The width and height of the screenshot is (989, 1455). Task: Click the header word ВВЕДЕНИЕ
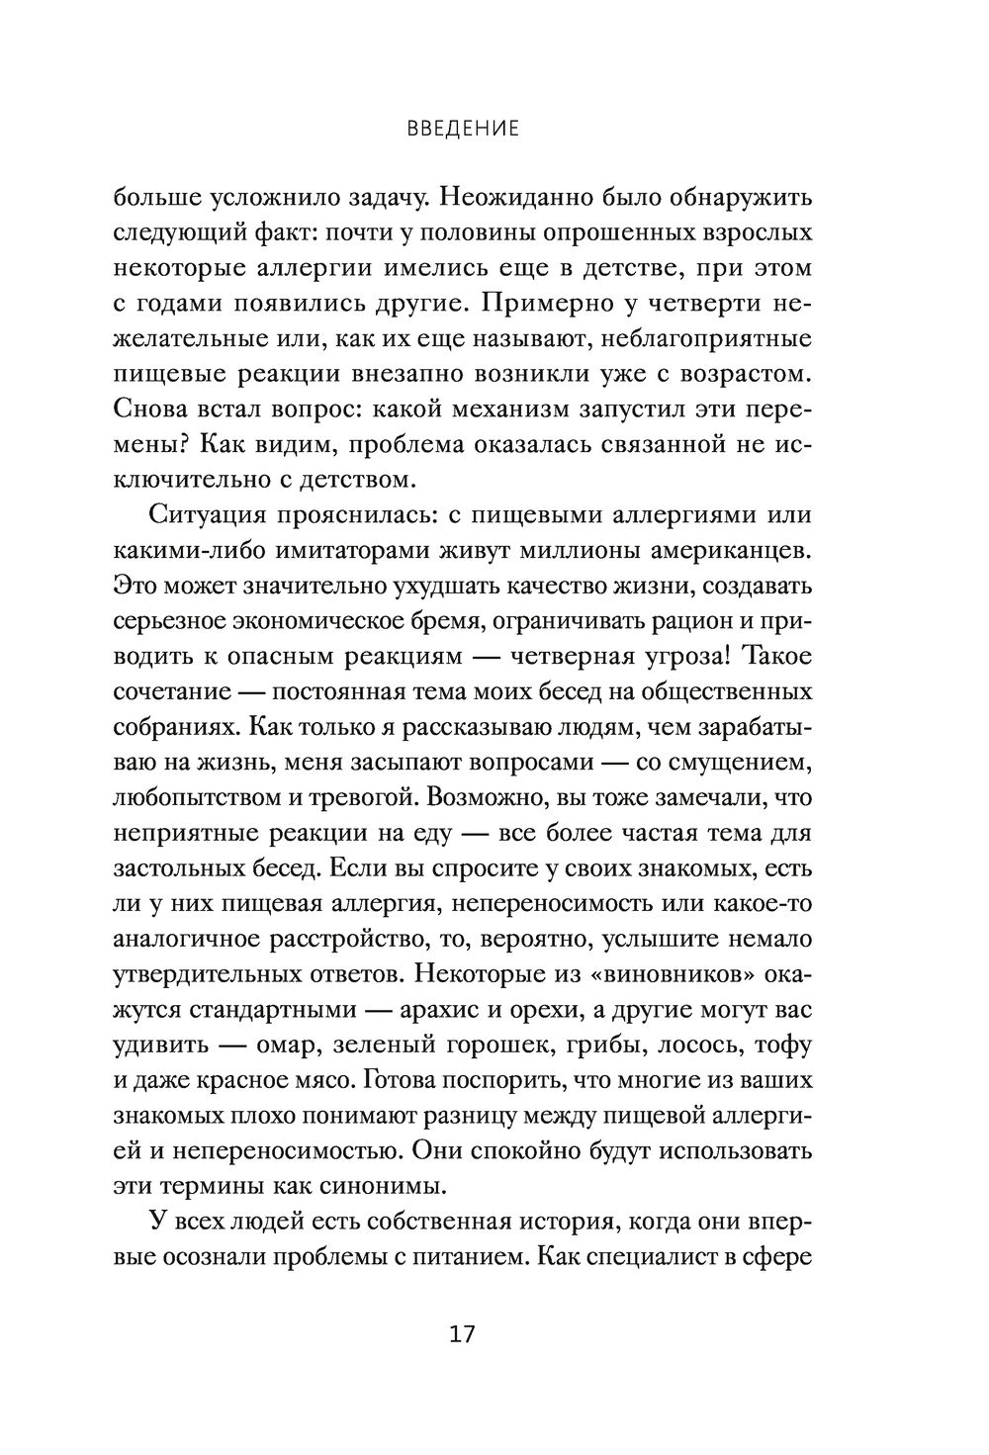(x=462, y=129)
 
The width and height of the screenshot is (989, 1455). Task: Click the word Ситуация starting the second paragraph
(x=209, y=515)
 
